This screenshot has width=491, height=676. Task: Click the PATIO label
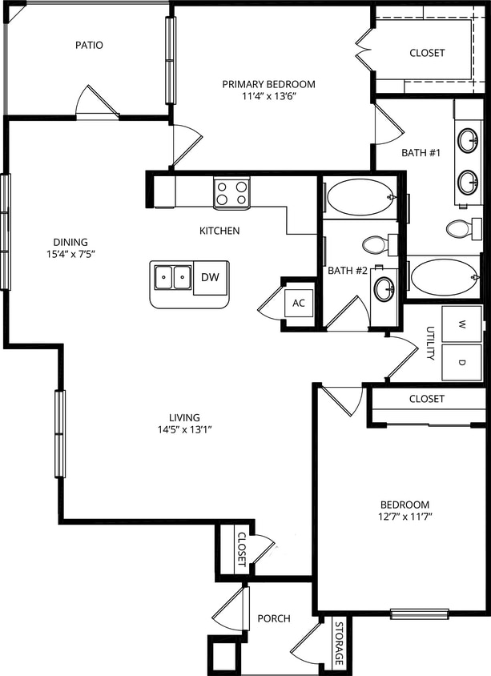point(89,45)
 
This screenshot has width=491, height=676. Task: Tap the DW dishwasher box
point(210,278)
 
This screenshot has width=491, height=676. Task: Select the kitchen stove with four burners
point(231,192)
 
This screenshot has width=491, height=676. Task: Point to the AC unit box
point(299,303)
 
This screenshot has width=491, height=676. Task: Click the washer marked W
point(462,324)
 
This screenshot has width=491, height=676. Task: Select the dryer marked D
point(462,362)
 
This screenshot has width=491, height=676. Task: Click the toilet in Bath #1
point(461,229)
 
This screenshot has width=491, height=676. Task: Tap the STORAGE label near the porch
point(339,643)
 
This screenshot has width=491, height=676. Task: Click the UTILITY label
point(429,343)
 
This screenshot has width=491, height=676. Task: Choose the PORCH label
point(274,618)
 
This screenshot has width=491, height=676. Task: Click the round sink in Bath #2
point(384,289)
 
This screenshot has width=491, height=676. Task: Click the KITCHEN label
point(219,231)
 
